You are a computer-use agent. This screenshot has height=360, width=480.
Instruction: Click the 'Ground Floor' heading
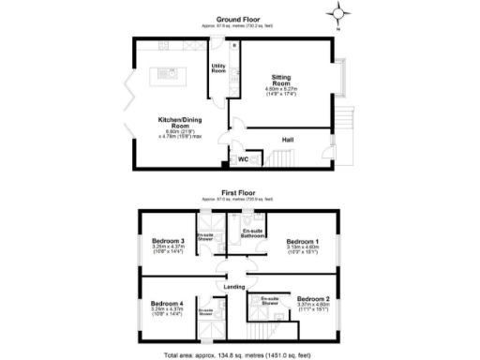point(239,19)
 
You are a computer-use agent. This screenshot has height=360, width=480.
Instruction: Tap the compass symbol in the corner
point(340,13)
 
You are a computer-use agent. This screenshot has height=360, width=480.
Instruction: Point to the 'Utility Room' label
point(218,67)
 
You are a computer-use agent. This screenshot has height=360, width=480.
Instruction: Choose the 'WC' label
point(242,159)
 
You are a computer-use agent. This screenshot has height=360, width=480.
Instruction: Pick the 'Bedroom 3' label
point(169,241)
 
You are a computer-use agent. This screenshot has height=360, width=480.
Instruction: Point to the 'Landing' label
point(234,287)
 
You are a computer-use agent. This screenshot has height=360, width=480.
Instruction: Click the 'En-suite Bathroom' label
point(251,233)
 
